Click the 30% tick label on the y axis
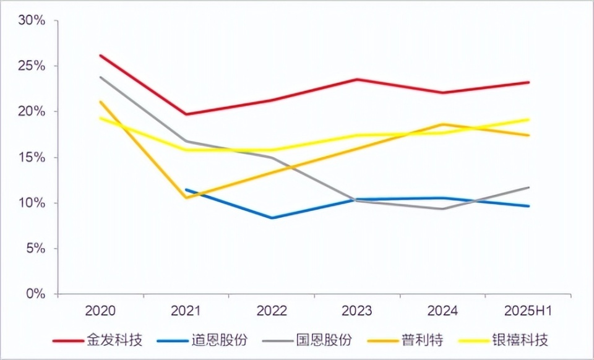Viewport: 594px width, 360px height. click(x=32, y=20)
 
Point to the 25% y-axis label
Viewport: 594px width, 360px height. click(x=32, y=66)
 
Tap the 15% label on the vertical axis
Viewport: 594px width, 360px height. click(x=32, y=158)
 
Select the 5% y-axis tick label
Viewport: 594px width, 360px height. click(x=35, y=249)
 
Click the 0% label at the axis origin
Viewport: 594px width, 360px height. click(x=35, y=294)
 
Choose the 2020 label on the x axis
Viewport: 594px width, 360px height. click(x=100, y=311)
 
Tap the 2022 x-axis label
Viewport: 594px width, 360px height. click(x=272, y=311)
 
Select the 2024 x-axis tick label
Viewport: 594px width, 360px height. click(x=443, y=311)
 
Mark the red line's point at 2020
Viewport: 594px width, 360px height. click(x=100, y=55)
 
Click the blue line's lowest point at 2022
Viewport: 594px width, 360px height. click(x=272, y=218)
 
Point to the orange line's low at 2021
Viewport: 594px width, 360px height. click(x=186, y=198)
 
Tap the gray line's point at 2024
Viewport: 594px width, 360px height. click(x=443, y=208)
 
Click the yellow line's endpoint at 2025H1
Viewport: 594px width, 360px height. click(x=528, y=119)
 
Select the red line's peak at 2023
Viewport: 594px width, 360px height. click(x=358, y=79)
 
